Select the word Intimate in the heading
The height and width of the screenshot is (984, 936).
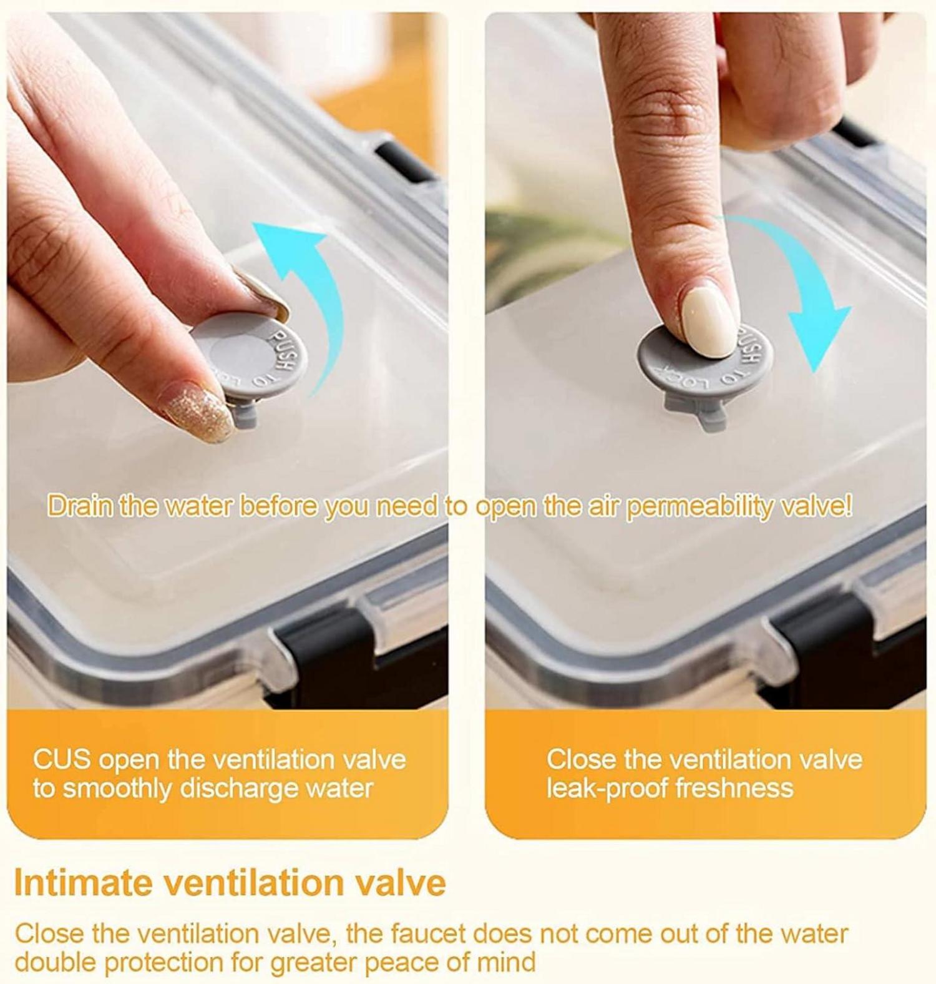(83, 882)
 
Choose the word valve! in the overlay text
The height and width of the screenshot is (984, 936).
(811, 506)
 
